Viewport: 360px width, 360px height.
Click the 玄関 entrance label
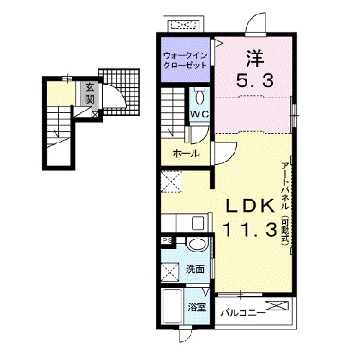tap(89, 94)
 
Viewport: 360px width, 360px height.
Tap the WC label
tap(199, 114)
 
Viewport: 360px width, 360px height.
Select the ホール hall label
tap(186, 153)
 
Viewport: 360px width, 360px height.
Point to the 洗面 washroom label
tap(195, 269)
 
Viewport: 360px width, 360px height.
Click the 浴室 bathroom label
tap(197, 307)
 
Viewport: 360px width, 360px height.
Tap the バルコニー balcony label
tap(243, 313)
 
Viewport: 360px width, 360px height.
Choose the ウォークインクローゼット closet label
tap(184, 60)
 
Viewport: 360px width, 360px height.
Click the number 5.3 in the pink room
tap(255, 81)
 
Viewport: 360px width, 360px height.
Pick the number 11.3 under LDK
tap(250, 229)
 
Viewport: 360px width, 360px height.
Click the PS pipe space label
tap(168, 240)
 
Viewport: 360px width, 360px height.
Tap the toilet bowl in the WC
tap(199, 96)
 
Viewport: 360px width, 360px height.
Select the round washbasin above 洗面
tap(197, 244)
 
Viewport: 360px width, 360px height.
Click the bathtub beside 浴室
tap(172, 307)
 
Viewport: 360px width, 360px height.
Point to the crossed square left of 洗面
tap(170, 271)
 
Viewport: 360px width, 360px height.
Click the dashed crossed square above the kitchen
tap(171, 181)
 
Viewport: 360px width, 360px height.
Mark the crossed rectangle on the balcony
tap(277, 305)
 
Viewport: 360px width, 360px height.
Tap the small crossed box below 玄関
tap(95, 114)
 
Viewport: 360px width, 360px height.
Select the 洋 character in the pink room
tap(255, 58)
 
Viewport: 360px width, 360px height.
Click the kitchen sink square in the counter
tap(198, 222)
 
